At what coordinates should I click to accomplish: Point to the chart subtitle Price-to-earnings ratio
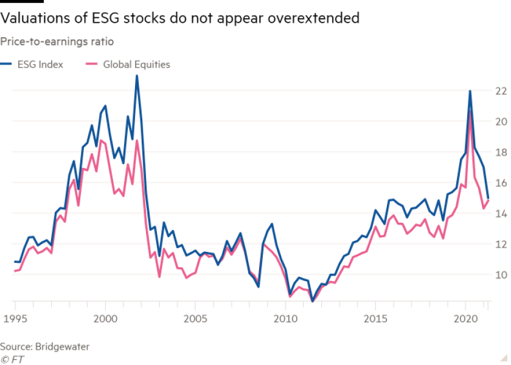pos(57,42)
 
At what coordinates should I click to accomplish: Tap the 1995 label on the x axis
pos(15,318)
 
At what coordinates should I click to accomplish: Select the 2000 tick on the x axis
pos(105,318)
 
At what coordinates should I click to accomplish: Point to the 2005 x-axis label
pos(195,318)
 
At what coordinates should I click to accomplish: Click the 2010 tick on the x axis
pos(285,318)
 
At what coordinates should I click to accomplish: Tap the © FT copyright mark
pos(10,358)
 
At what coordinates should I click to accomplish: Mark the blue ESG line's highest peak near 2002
pos(137,76)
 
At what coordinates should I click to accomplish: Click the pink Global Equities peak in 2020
pos(470,111)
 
